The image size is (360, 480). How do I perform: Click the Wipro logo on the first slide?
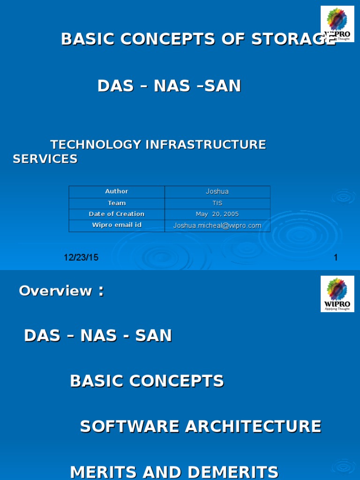click(x=337, y=24)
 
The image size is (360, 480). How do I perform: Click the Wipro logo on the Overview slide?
click(x=337, y=294)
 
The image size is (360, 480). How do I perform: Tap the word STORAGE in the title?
click(x=293, y=39)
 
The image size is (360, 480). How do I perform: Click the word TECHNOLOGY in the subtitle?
click(x=96, y=144)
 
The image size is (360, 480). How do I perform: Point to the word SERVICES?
click(x=45, y=159)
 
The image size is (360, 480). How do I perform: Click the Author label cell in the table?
click(x=117, y=192)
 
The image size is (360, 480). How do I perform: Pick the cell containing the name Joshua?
click(x=217, y=192)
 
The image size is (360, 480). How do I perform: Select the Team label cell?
click(x=117, y=203)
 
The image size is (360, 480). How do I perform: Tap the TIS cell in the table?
click(x=217, y=203)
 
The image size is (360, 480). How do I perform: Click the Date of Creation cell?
click(x=117, y=214)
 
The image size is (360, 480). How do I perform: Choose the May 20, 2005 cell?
click(x=217, y=214)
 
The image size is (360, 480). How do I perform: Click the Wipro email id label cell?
click(x=117, y=225)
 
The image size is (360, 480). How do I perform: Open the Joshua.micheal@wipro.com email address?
click(x=217, y=226)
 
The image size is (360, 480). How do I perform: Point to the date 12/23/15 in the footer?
click(x=81, y=257)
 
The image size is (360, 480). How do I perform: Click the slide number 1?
click(x=336, y=257)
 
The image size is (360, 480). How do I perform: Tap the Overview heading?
click(x=61, y=291)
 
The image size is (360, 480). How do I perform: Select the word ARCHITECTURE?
click(x=253, y=427)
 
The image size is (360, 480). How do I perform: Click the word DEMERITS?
click(x=233, y=472)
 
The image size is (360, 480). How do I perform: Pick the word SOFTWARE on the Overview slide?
click(x=129, y=427)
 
